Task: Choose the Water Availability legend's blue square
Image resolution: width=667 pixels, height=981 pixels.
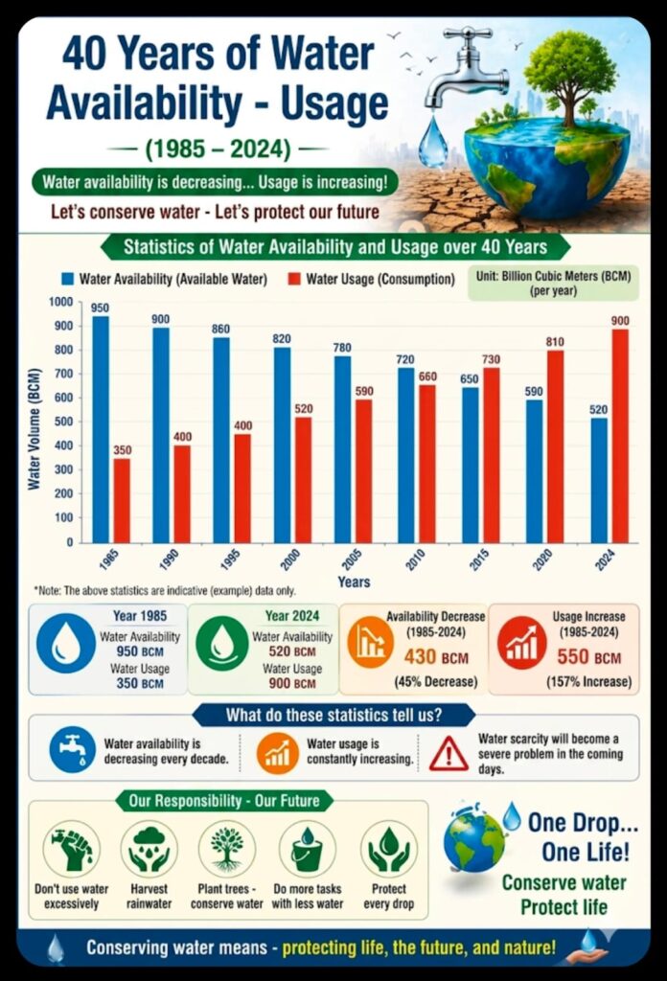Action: coord(68,279)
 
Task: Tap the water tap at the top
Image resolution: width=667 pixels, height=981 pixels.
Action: coord(460,67)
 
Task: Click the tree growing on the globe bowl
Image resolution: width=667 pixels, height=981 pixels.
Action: coord(569,72)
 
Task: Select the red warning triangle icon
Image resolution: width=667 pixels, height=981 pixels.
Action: coord(448,752)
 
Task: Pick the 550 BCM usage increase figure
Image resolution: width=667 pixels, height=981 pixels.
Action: coord(588,657)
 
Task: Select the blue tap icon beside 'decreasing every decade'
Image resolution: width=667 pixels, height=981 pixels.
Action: coord(73,749)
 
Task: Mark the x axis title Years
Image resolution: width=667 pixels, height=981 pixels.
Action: coord(353,582)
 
